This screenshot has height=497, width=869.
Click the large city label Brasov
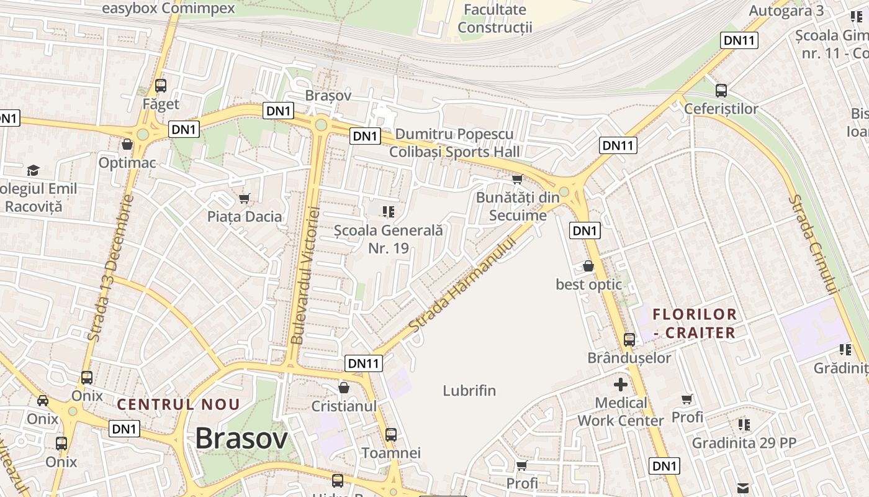[x=241, y=439]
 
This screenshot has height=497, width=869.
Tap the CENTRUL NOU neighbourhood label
[x=179, y=404]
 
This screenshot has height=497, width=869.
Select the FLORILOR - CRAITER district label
[x=695, y=323]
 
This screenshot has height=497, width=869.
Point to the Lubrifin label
[x=469, y=391]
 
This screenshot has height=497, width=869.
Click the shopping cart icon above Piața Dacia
[x=245, y=199]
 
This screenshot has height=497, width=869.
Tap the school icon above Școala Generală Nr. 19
[x=389, y=212]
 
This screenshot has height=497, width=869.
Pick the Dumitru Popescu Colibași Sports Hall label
[x=454, y=143]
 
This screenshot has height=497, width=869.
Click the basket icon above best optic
[x=588, y=267]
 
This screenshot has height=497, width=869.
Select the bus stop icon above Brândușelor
[x=629, y=340]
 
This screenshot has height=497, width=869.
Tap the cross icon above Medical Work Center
[x=620, y=385]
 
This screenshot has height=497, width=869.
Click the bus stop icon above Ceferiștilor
[x=721, y=91]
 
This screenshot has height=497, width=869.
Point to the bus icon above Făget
[x=161, y=86]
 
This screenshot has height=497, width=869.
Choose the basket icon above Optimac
[x=127, y=145]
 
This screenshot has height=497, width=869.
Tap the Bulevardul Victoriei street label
[x=305, y=275]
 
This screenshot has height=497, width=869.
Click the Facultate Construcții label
[x=495, y=19]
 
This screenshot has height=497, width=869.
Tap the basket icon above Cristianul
[x=344, y=388]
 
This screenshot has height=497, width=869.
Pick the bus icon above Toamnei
[x=391, y=435]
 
